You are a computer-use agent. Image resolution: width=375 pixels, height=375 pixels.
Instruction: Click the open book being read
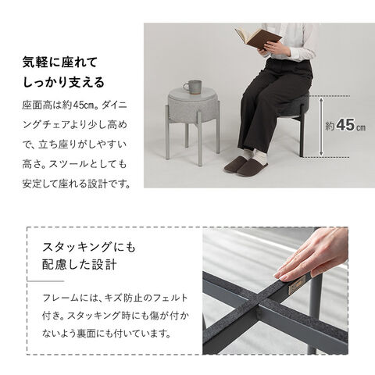pos(258,38)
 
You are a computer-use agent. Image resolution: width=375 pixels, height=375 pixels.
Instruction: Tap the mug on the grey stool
pos(193,87)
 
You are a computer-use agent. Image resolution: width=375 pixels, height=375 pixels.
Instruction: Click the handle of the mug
pos(186,87)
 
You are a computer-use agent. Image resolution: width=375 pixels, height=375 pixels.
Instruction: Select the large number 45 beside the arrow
pos(345,125)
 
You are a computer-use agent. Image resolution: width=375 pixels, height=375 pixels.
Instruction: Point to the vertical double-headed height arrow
pos(322,127)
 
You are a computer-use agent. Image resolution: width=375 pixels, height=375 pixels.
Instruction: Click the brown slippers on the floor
pos(245,166)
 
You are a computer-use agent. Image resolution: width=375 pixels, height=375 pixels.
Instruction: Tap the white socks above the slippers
pos(256,155)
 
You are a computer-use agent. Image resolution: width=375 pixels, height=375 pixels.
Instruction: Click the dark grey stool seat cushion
pos(295,105)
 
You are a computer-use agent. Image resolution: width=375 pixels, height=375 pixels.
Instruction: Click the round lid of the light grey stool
pos(193,92)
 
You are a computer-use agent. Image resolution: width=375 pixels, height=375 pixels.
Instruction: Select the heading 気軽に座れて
pos(60,62)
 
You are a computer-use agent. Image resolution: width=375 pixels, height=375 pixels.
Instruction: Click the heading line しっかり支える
pos(63,82)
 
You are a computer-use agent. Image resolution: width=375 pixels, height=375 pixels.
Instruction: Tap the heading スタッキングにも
pos(89,247)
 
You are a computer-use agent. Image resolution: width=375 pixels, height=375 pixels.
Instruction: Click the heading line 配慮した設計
pos(80,265)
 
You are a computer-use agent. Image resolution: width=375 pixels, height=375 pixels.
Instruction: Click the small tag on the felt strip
pos(297,284)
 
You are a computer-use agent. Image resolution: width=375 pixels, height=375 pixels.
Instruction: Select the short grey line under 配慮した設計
pos(45,281)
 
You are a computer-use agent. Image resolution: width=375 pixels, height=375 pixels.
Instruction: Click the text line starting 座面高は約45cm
pos(75,105)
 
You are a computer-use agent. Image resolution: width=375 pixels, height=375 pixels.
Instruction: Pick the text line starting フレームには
pos(115,298)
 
